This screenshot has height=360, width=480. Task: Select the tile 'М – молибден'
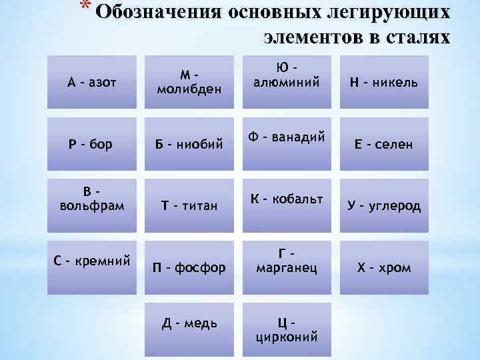click(x=189, y=83)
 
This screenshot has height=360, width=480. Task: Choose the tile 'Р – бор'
click(x=91, y=145)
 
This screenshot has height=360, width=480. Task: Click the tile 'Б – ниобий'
click(x=189, y=145)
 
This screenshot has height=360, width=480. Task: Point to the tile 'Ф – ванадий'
click(x=286, y=139)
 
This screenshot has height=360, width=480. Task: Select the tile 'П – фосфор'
click(x=189, y=267)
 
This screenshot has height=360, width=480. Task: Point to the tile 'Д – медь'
click(x=189, y=325)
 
